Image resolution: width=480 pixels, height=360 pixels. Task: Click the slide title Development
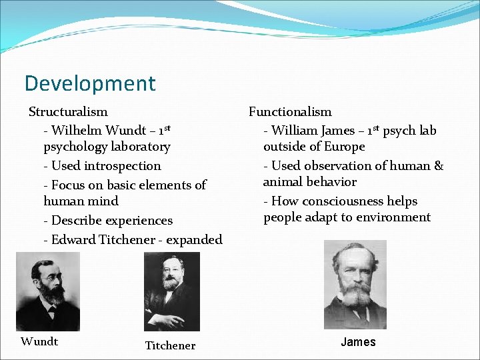(x=90, y=84)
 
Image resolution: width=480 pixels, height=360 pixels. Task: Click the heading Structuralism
(x=68, y=112)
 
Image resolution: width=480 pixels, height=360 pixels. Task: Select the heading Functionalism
(x=290, y=112)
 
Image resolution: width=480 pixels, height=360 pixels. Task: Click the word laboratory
(x=138, y=147)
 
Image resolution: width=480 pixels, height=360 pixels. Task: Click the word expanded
(x=194, y=240)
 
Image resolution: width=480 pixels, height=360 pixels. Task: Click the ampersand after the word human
(x=438, y=166)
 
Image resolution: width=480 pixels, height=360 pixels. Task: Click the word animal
(x=282, y=182)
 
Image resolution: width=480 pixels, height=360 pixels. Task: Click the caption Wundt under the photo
(x=39, y=342)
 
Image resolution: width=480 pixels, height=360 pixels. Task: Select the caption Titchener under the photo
(x=171, y=345)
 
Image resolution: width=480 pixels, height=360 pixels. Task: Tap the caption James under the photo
(x=358, y=342)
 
